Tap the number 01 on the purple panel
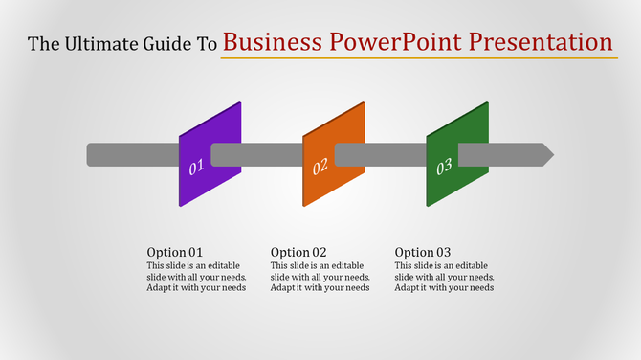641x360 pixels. (197, 169)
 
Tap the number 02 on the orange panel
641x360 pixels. (320, 166)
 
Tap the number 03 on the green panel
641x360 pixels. (444, 168)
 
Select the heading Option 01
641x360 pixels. (174, 253)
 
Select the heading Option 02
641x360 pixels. (298, 253)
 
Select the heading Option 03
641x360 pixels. (423, 253)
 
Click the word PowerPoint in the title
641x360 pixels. (388, 43)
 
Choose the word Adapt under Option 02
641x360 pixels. (284, 288)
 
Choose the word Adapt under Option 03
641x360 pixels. (409, 288)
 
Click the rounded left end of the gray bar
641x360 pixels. (90, 154)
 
